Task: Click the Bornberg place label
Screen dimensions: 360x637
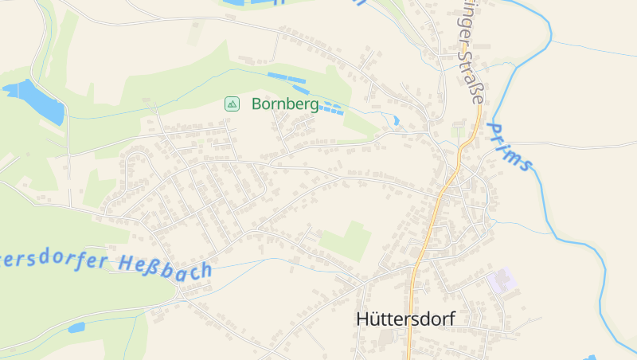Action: [x=285, y=104]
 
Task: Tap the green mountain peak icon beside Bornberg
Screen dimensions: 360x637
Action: [x=232, y=104]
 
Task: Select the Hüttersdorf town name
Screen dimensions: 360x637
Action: [x=405, y=319]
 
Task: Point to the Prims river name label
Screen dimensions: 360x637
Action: [x=510, y=147]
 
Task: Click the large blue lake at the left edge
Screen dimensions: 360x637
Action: [x=37, y=99]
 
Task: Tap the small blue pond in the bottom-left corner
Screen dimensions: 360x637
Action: [x=76, y=327]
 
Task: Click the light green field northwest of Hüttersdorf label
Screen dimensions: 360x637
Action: [x=348, y=241]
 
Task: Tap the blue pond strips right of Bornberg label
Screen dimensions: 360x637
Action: [x=330, y=107]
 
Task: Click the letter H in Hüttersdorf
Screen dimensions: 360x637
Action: [x=363, y=319]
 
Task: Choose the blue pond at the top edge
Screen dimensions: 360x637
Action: [x=247, y=3]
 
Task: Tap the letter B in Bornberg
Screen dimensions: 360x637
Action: [x=256, y=104]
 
